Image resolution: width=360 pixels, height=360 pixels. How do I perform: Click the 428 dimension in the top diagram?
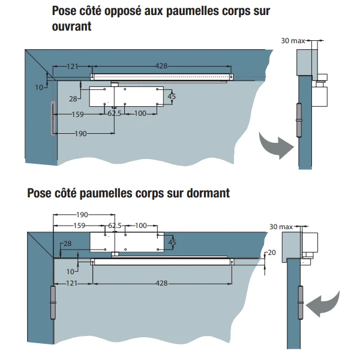(x=161, y=66)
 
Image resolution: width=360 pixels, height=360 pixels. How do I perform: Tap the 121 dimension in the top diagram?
(x=73, y=66)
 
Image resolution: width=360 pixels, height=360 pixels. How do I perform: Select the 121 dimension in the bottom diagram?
(x=73, y=283)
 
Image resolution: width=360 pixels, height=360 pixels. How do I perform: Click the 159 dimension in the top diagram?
(x=79, y=114)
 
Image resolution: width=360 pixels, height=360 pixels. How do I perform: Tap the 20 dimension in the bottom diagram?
(x=272, y=253)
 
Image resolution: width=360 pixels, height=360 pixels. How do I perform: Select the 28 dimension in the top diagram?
(x=73, y=98)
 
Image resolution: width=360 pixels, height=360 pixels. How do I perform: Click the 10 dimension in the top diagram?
(x=40, y=87)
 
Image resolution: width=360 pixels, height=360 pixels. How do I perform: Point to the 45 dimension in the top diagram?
(x=172, y=97)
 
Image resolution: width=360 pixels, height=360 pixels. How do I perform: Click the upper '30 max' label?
(x=293, y=41)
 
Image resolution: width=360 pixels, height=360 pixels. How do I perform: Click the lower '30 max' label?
(x=281, y=227)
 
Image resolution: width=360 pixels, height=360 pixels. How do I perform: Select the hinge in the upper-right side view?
(x=298, y=122)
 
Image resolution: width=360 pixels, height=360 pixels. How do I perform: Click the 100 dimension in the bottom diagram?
(x=141, y=226)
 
